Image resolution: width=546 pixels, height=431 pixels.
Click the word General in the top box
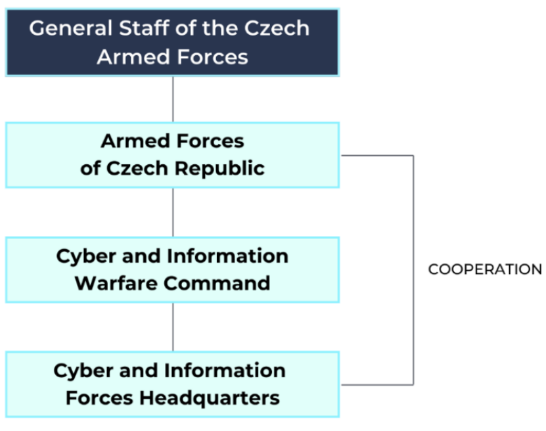67,29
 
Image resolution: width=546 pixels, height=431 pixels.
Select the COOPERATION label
485,270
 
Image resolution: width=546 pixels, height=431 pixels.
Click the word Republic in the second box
219,168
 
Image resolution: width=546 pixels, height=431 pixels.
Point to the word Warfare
114,283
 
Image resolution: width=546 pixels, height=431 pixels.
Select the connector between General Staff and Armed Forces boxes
173,99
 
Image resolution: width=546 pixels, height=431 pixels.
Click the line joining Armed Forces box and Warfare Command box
173,212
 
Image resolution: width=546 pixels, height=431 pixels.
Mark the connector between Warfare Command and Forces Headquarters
173,327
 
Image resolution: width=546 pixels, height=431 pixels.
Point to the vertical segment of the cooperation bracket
413,270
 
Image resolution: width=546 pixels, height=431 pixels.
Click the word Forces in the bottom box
101,397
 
